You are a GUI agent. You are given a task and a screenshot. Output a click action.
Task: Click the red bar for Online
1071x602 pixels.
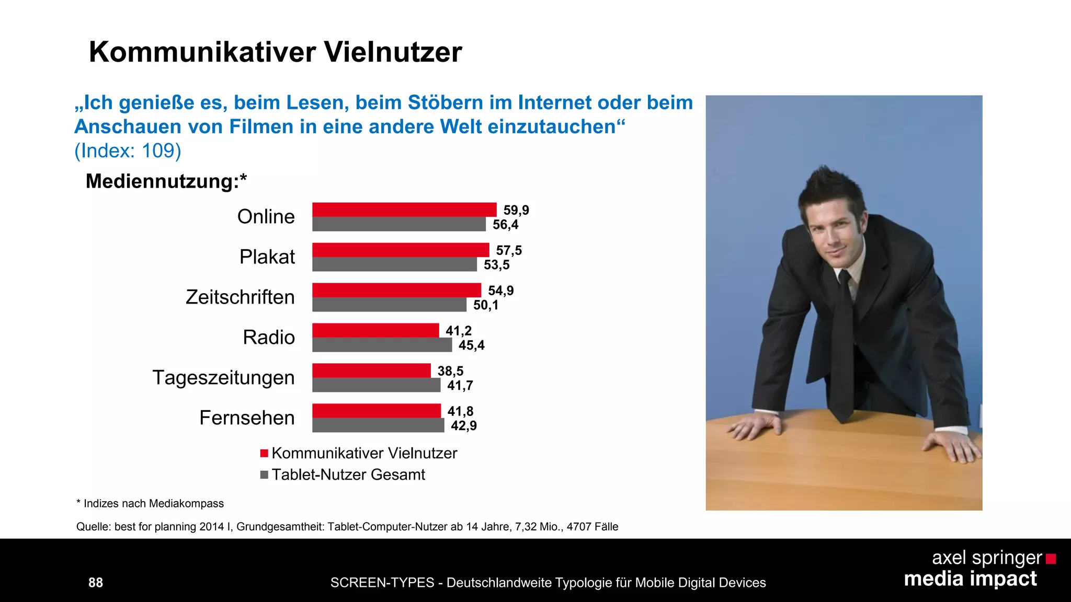pos(404,210)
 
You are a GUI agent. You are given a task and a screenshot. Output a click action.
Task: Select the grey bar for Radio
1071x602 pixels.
pos(382,345)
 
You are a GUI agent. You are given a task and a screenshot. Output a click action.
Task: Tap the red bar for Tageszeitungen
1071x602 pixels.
pos(371,371)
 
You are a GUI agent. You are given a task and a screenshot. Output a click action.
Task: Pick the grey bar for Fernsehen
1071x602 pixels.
pos(378,425)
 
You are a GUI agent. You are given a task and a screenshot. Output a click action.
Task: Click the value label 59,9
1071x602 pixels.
pos(516,210)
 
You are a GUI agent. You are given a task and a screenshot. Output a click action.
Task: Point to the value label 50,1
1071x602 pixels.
pos(486,305)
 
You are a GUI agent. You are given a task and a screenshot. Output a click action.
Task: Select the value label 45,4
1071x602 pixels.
pos(471,345)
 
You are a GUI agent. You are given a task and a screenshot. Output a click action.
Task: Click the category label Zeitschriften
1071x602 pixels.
pos(240,297)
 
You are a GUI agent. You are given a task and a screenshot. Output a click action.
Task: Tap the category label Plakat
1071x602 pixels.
pos(267,257)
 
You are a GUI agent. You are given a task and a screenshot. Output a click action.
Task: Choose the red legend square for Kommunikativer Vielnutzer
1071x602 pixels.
pos(264,453)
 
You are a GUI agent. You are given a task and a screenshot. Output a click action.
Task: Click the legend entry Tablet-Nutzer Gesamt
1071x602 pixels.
pos(348,474)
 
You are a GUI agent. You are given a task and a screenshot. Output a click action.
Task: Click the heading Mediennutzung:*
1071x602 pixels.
pos(166,181)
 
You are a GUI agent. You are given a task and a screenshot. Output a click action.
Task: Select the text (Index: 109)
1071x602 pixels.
pos(128,150)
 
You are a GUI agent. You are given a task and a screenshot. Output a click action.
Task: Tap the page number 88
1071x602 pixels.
pos(96,583)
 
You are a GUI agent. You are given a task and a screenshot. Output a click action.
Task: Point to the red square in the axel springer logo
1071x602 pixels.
pos(1051,559)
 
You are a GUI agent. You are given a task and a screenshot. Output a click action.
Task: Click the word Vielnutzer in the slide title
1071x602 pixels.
pos(393,52)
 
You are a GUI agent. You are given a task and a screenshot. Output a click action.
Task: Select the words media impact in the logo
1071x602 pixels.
pos(970,579)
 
